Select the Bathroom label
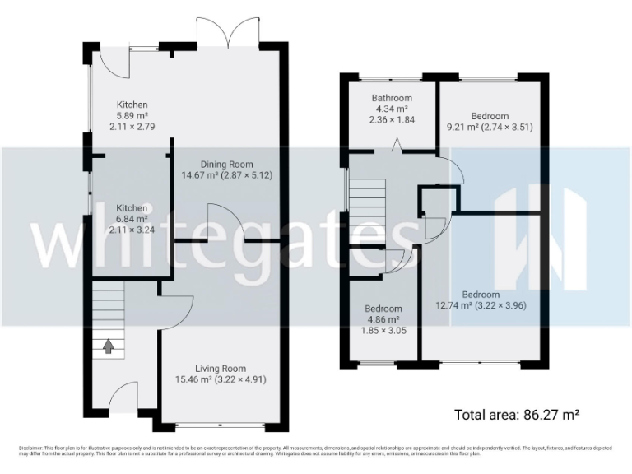click(392, 98)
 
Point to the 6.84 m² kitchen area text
click(131, 220)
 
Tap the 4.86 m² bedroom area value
click(383, 319)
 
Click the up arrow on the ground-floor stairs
click(107, 346)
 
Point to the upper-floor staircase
click(368, 206)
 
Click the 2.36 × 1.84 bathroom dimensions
click(392, 119)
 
